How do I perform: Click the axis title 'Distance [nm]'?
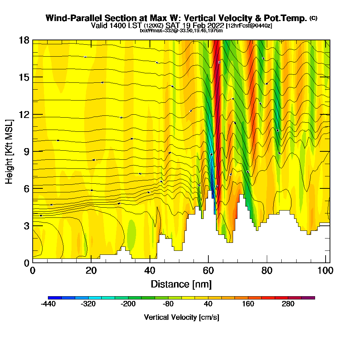click(181, 284)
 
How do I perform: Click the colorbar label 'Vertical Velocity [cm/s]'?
click(181, 317)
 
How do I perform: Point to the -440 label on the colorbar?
click(48, 304)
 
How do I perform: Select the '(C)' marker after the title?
click(313, 18)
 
